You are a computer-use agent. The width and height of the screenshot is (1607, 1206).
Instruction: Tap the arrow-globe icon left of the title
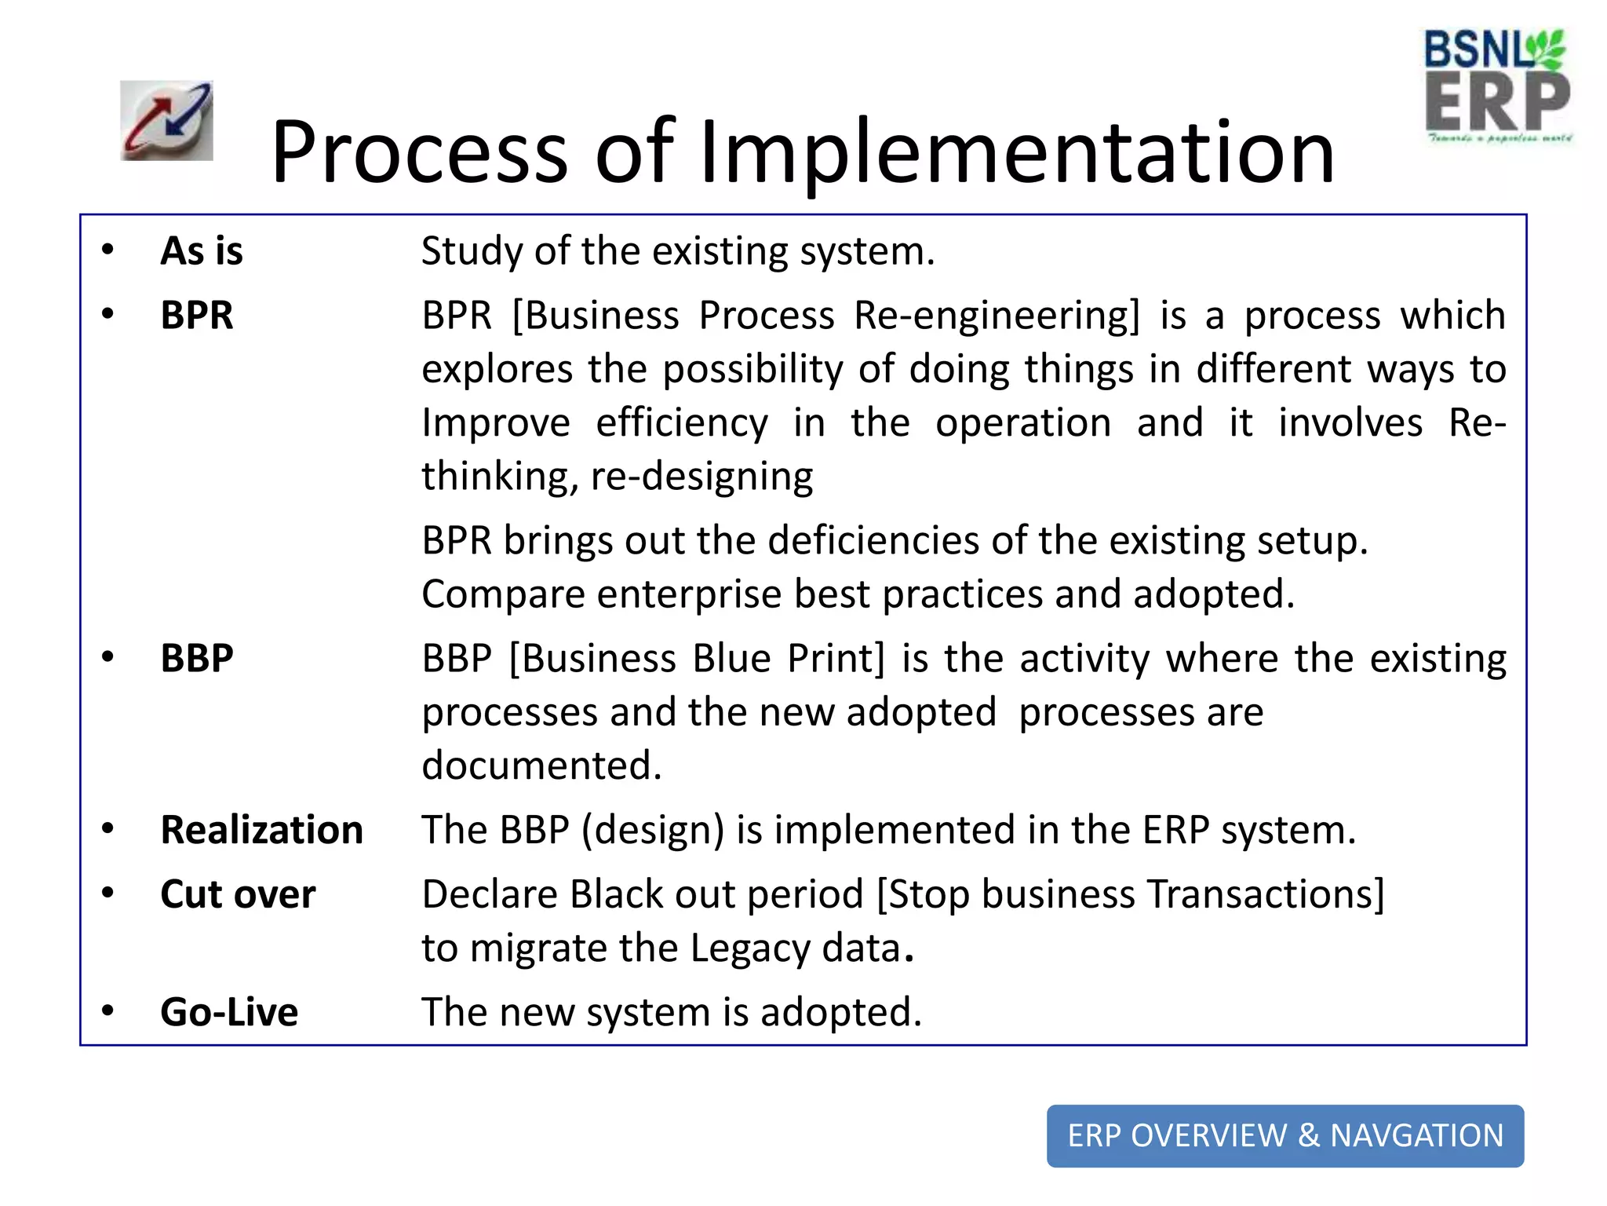(x=166, y=120)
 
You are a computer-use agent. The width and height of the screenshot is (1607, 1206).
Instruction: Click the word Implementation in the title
(x=1017, y=152)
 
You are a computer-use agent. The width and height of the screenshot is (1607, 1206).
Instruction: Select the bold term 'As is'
(x=202, y=251)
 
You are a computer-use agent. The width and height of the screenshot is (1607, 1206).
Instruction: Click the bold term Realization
(x=261, y=830)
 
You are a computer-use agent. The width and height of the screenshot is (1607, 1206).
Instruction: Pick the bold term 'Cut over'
(x=238, y=894)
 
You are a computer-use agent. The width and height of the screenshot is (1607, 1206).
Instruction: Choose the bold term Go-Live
(x=229, y=1012)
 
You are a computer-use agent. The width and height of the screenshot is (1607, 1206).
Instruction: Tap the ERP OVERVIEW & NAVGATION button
(x=1285, y=1135)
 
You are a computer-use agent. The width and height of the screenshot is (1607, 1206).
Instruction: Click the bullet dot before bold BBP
(x=108, y=656)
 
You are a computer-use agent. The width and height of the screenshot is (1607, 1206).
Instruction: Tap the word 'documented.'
(x=541, y=766)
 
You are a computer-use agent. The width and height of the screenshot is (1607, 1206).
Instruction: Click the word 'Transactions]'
(x=1266, y=894)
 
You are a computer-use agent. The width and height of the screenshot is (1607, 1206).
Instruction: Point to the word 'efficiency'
(x=682, y=423)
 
